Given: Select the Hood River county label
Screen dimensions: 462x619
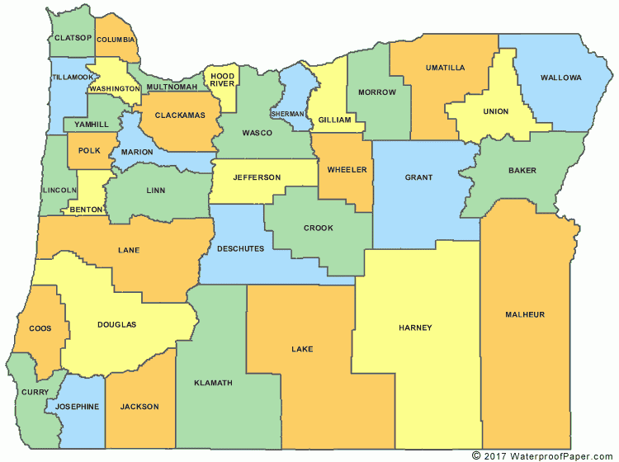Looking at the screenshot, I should tap(222, 80).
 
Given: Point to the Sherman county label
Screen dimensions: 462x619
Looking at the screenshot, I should tap(288, 113).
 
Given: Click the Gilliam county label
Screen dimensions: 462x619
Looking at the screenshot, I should tap(335, 120).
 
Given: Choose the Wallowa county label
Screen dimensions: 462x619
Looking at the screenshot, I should tap(560, 78).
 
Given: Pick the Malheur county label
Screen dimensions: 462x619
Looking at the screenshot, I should tap(527, 314).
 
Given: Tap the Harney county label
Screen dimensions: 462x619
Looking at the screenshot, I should tap(415, 328).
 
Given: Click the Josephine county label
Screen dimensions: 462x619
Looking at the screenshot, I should tap(78, 406).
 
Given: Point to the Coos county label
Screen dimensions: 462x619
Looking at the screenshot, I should tap(40, 328).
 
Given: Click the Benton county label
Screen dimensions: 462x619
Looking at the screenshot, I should tap(86, 210).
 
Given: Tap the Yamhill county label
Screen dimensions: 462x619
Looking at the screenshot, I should tap(91, 125).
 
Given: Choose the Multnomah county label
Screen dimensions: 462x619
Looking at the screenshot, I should tap(172, 87).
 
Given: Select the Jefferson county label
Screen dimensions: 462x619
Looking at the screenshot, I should tap(257, 177).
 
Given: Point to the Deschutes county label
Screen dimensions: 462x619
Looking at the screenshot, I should tap(239, 248).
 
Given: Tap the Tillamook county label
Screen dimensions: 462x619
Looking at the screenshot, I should tap(73, 77).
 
